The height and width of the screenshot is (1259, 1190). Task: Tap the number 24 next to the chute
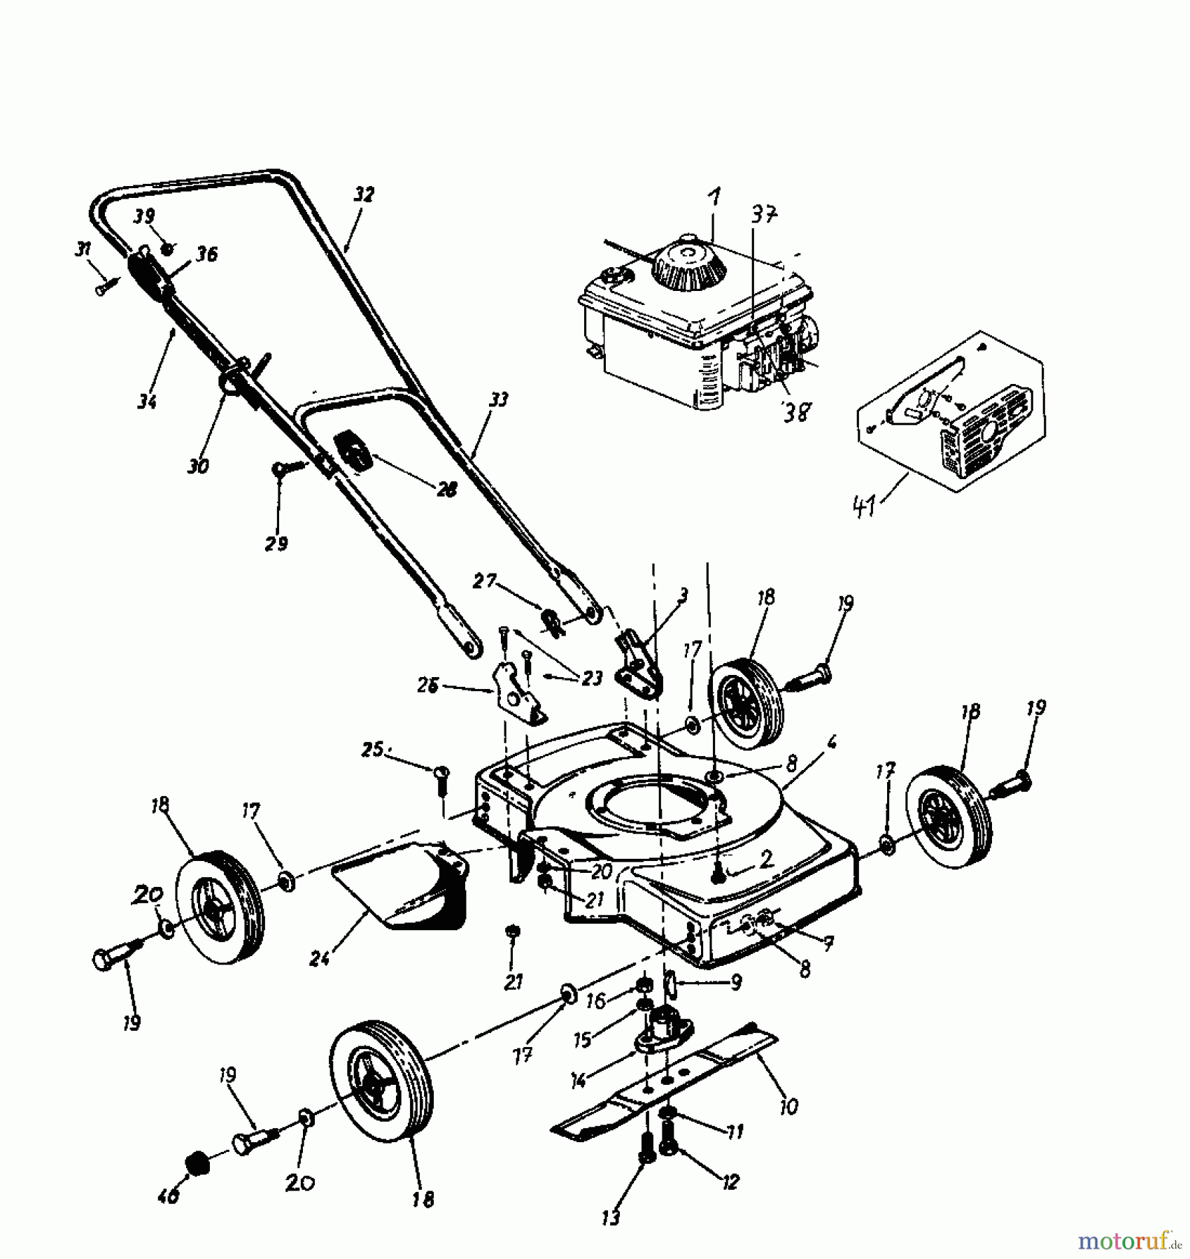coord(319,959)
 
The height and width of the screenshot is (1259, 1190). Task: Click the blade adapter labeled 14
coord(662,1034)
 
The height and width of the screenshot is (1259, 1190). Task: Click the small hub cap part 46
coord(199,1165)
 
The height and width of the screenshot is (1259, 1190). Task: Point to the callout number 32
coord(364,194)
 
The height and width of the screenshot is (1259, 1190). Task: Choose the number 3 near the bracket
coord(683,595)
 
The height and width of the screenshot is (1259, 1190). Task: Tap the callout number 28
coord(446,490)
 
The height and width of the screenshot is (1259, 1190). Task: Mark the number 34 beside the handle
coord(147,401)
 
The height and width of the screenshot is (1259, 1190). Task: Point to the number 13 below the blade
coord(611,1218)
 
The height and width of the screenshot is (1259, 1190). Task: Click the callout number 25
coord(373,750)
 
